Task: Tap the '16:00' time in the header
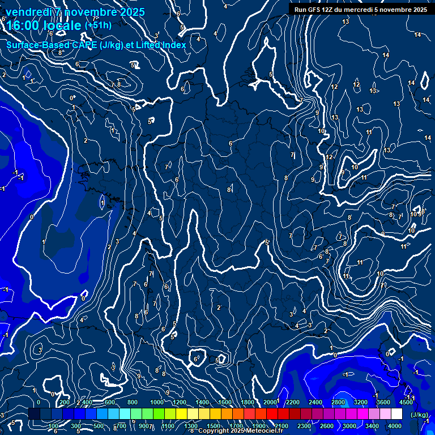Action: (21, 26)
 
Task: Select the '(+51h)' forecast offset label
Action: (98, 25)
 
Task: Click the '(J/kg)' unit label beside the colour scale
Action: (419, 415)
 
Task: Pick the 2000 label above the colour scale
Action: (270, 402)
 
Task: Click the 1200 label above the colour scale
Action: (179, 402)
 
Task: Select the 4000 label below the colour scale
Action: (395, 426)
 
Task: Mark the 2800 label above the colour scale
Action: (338, 402)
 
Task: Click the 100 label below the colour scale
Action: (54, 426)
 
